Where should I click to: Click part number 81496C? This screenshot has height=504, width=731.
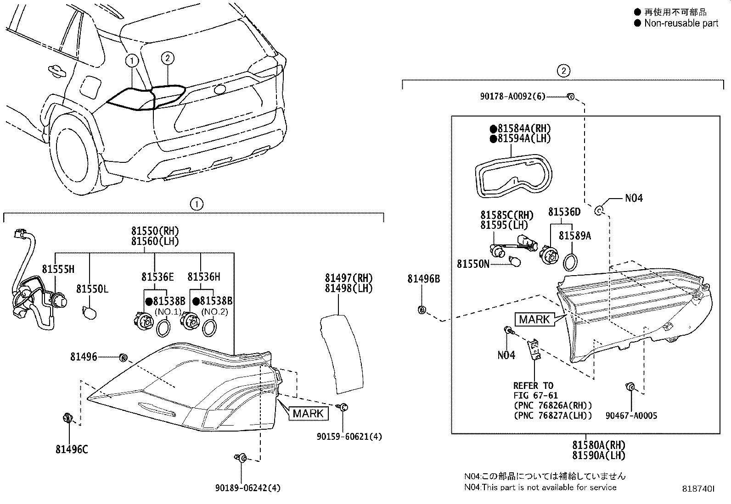coord(72,449)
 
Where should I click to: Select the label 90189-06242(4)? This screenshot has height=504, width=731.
coord(247,488)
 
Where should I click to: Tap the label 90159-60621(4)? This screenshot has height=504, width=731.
coord(349,437)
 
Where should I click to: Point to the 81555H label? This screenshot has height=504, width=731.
coord(58,269)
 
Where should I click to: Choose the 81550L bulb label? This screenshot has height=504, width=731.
coord(92,289)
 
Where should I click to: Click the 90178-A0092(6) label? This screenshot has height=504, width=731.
coord(513,96)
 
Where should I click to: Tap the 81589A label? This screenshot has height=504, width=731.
coord(574,236)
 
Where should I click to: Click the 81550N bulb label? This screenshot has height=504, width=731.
coord(473,264)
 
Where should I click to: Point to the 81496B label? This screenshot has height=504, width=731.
coord(423,279)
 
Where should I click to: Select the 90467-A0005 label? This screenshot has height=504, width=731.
coord(631,415)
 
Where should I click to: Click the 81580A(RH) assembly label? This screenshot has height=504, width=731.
coord(599,445)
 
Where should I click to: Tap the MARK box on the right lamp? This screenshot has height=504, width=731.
coord(535,319)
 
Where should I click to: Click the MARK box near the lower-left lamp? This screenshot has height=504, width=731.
coord(308,413)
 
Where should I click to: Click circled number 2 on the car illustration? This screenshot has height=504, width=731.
coord(168,58)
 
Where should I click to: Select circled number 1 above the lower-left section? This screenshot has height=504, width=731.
coord(196,204)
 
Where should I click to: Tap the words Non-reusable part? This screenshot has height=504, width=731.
coord(680,23)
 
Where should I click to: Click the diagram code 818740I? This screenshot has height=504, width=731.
coord(698,490)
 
